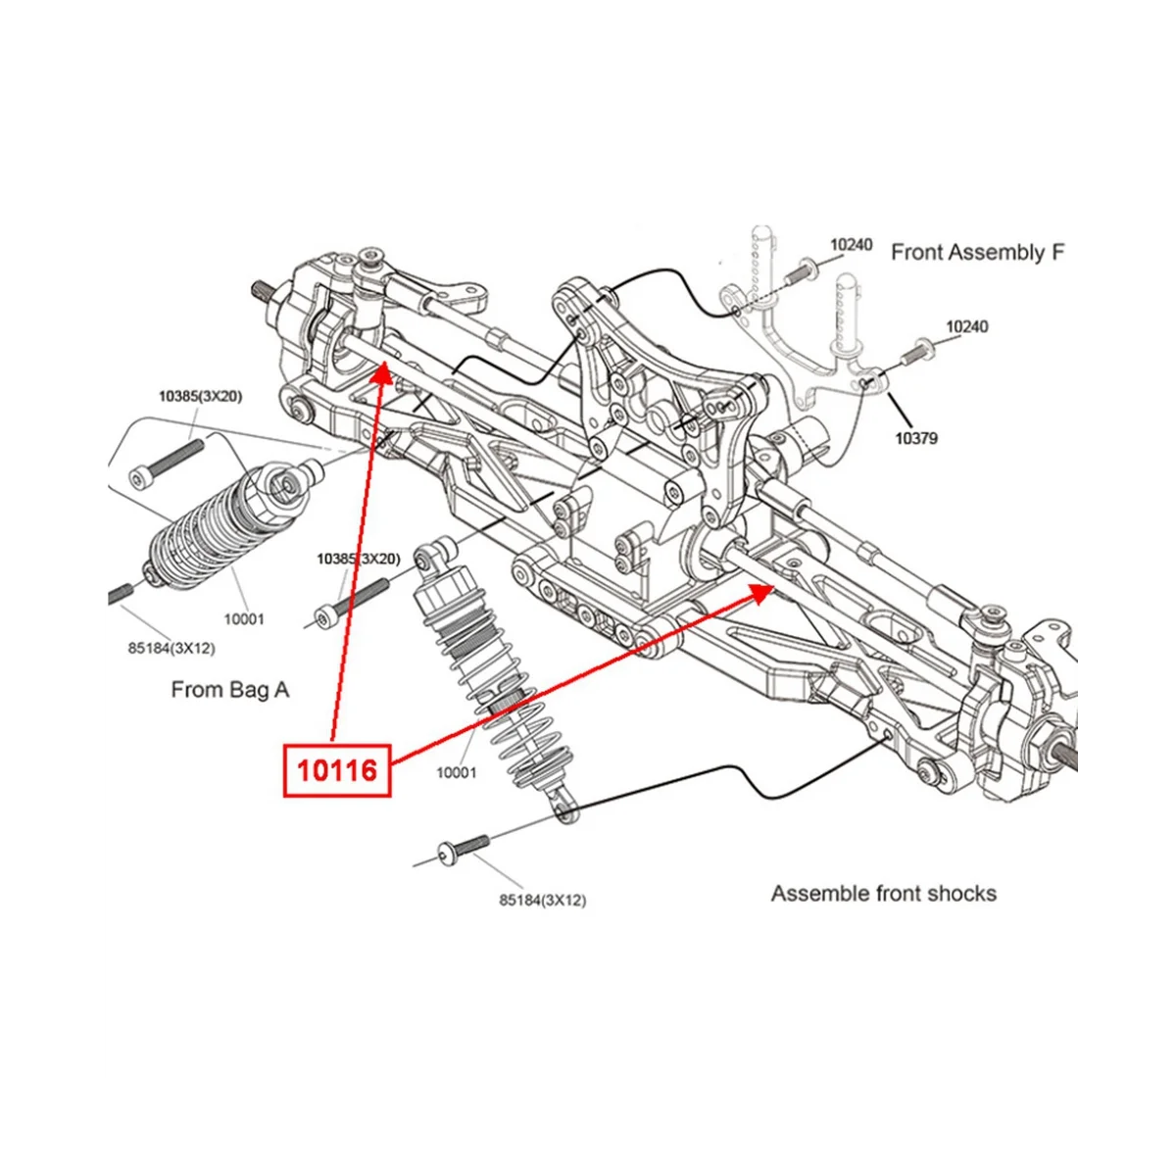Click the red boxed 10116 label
[x=337, y=770]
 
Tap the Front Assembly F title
[x=977, y=252]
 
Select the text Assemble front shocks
[x=883, y=893]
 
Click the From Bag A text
[x=230, y=689]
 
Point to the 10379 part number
[x=915, y=438]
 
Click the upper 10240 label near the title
[x=851, y=244]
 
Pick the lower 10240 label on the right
[x=966, y=326]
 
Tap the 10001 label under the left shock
[x=243, y=618]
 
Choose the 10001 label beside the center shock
[x=456, y=772]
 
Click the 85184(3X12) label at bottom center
[x=542, y=899]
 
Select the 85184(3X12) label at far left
[x=171, y=648]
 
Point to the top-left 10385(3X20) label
[x=200, y=396]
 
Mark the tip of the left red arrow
[x=383, y=364]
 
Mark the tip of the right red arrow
[x=774, y=585]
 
